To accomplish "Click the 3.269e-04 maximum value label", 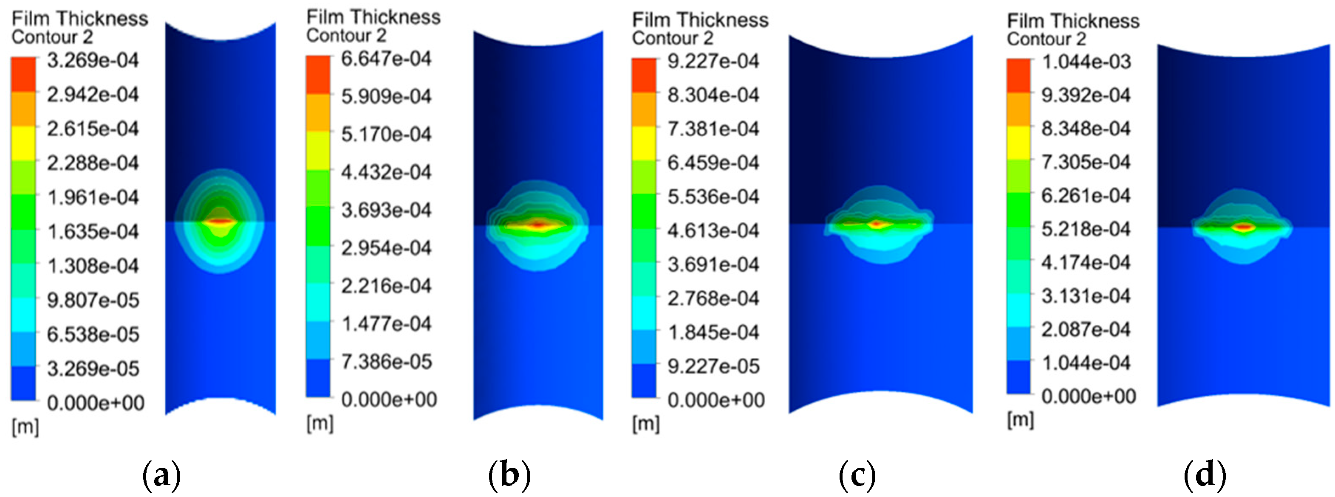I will [93, 61].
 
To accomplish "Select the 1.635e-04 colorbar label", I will [93, 231].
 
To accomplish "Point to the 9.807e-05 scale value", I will [93, 300].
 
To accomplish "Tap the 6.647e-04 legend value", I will [386, 59].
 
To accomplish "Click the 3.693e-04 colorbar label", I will [386, 210].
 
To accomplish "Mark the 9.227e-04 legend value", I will [713, 61].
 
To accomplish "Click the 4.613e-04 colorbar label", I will [713, 230].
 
